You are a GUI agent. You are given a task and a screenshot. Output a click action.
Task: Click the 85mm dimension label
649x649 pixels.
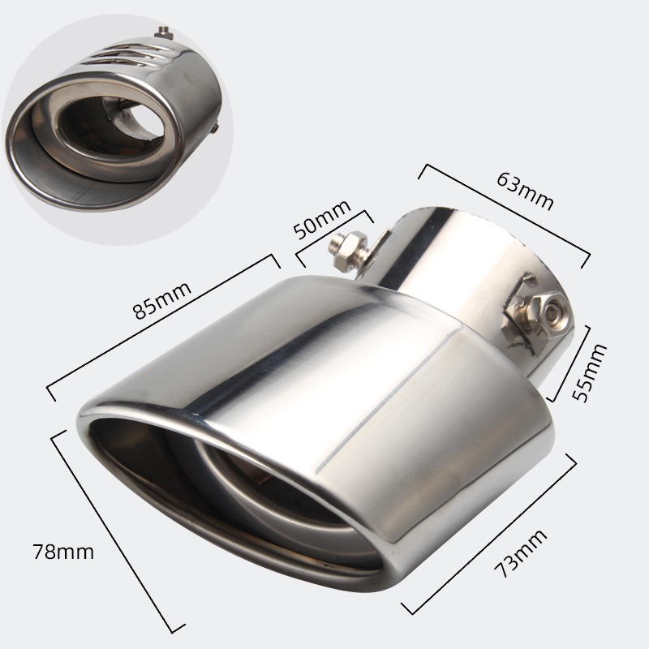[x=162, y=299]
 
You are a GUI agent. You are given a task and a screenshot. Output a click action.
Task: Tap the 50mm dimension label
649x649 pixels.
[x=321, y=219]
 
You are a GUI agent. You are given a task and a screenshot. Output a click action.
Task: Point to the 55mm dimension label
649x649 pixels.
[x=589, y=372]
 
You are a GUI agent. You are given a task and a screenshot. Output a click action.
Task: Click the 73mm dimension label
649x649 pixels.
[x=520, y=553]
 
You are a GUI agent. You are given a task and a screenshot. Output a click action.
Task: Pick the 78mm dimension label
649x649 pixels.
[x=63, y=552]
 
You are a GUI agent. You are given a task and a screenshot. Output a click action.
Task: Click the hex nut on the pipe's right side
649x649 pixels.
[x=534, y=316]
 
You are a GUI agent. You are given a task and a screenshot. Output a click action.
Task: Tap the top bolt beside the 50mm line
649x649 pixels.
[x=348, y=251]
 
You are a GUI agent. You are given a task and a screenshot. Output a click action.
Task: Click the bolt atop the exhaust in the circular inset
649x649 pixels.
[x=165, y=32]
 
